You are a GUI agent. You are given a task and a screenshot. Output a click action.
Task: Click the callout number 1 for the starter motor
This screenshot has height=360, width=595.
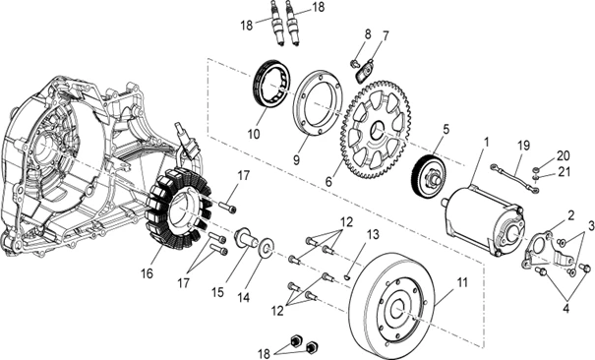point(486,143)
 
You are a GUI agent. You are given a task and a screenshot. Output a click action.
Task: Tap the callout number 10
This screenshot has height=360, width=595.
point(255,134)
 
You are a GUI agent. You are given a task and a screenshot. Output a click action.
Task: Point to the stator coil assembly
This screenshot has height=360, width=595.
point(178,209)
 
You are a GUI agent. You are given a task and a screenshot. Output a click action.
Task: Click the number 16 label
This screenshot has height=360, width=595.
point(147,273)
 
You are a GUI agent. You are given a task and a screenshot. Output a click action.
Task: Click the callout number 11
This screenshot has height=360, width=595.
point(462,282)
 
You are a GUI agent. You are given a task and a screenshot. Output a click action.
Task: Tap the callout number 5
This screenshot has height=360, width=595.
point(446,129)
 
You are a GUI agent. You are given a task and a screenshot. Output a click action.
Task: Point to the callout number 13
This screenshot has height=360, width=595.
point(374,234)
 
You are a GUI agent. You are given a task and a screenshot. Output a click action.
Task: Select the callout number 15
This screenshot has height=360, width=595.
point(217,292)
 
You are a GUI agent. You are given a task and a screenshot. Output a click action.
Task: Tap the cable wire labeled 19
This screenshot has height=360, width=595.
point(516,177)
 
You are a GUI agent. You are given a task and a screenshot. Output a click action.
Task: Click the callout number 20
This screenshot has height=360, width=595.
point(564,155)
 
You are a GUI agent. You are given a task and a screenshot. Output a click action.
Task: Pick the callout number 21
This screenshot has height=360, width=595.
point(565,172)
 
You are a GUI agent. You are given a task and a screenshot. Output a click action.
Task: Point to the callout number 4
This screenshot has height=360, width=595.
point(565,309)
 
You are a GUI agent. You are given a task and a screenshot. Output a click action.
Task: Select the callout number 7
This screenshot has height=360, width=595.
point(386,36)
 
